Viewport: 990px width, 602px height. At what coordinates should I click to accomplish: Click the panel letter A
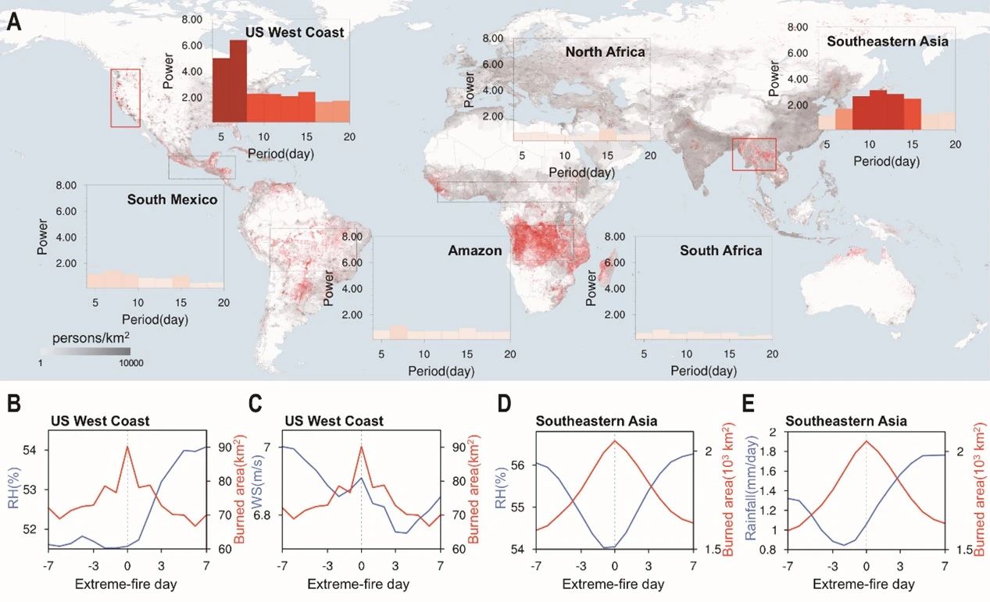(x=13, y=21)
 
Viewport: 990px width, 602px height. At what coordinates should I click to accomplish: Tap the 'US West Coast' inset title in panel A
(x=295, y=33)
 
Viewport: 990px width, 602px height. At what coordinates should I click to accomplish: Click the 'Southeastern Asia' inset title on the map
(x=887, y=41)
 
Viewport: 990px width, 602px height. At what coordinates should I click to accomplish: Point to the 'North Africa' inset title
(x=605, y=52)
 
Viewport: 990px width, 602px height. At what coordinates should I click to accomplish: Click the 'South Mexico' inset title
(x=172, y=199)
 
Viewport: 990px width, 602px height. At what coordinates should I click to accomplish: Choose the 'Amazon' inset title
(x=474, y=251)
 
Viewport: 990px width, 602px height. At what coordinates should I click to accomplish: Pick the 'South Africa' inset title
(x=720, y=251)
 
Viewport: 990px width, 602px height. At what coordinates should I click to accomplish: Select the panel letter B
(x=13, y=404)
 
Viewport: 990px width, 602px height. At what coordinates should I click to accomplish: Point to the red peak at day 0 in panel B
(x=127, y=446)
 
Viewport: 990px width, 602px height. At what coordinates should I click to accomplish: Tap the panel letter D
(x=503, y=404)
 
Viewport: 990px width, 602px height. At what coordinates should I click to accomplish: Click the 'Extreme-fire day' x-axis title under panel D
(x=614, y=584)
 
